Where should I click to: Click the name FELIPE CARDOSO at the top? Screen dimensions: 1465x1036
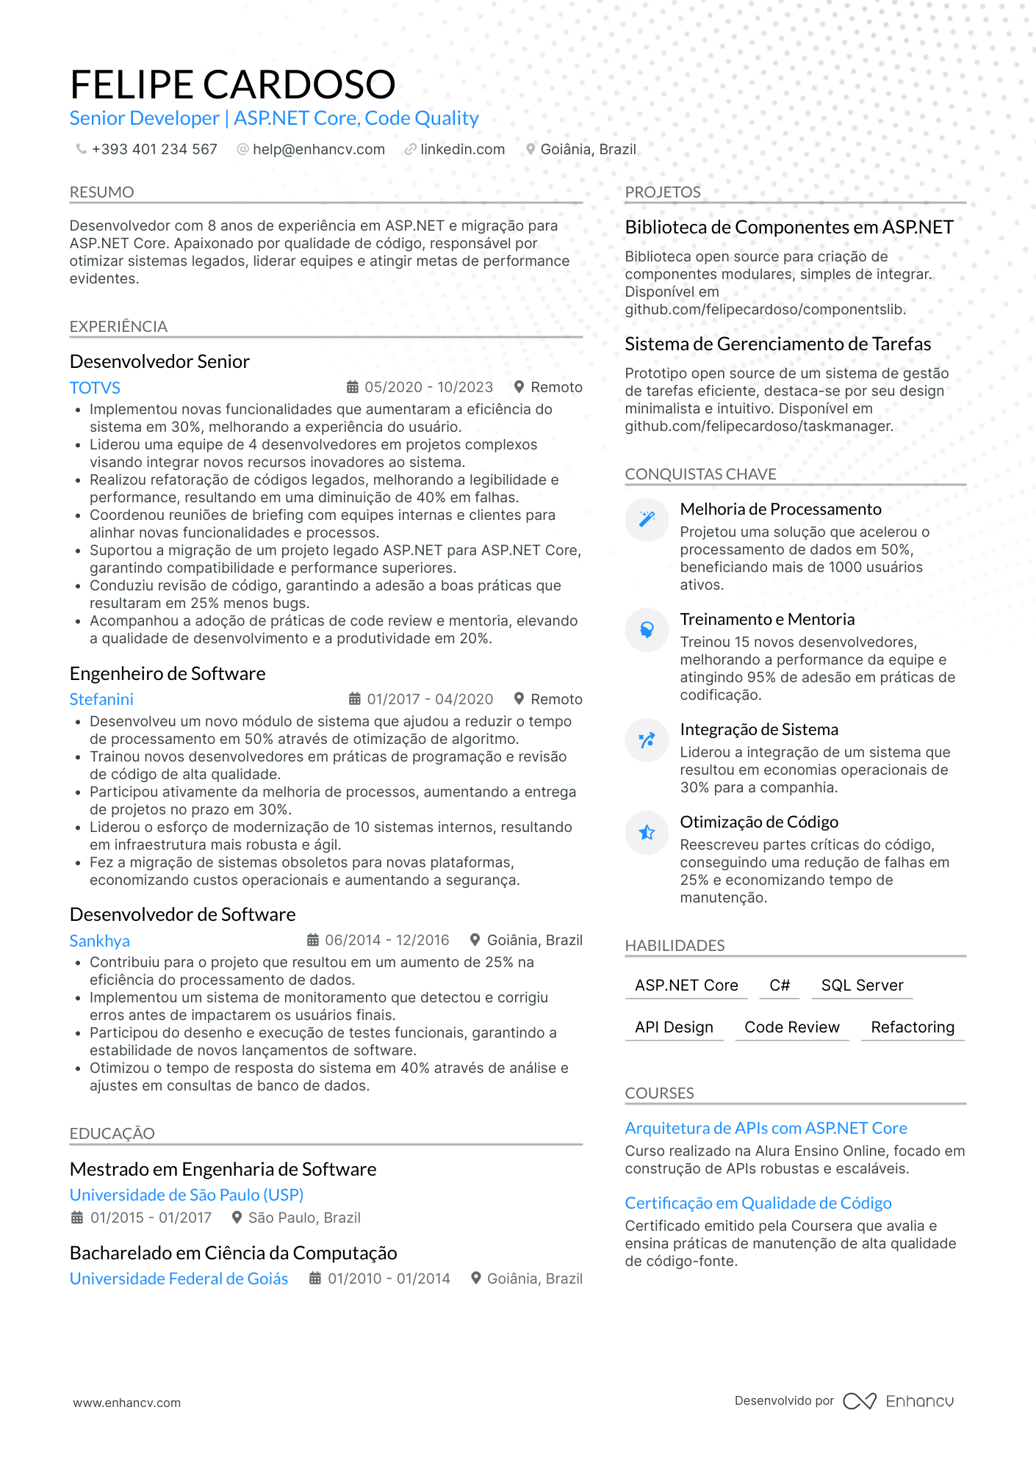point(232,84)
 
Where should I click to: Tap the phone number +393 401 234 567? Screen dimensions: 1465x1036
point(154,149)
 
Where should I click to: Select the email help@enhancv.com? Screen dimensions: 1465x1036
point(318,149)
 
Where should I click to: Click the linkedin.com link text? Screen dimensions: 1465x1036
point(462,149)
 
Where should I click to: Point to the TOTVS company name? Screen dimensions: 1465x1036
point(95,388)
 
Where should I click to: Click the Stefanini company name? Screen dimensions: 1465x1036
point(101,699)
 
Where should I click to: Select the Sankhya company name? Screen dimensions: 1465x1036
point(99,941)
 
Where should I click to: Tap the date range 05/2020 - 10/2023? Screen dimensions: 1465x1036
point(428,387)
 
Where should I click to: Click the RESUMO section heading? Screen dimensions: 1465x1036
point(101,192)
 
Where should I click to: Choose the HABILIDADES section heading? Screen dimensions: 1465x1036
point(675,946)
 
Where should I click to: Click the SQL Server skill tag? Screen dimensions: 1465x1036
point(862,985)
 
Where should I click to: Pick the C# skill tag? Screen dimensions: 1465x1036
point(780,985)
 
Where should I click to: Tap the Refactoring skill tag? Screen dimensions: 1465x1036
point(913,1027)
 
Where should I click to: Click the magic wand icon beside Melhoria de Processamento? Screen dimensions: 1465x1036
point(647,519)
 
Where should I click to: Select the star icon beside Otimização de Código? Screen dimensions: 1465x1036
point(647,832)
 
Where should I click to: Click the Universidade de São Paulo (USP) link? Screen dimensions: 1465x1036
point(187,1195)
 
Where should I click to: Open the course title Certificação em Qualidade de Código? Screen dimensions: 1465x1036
point(758,1203)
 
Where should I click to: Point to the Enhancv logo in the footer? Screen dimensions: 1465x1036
point(899,1401)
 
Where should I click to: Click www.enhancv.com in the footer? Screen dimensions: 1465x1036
point(126,1403)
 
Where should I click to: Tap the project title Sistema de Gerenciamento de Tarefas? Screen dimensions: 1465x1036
point(777,344)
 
